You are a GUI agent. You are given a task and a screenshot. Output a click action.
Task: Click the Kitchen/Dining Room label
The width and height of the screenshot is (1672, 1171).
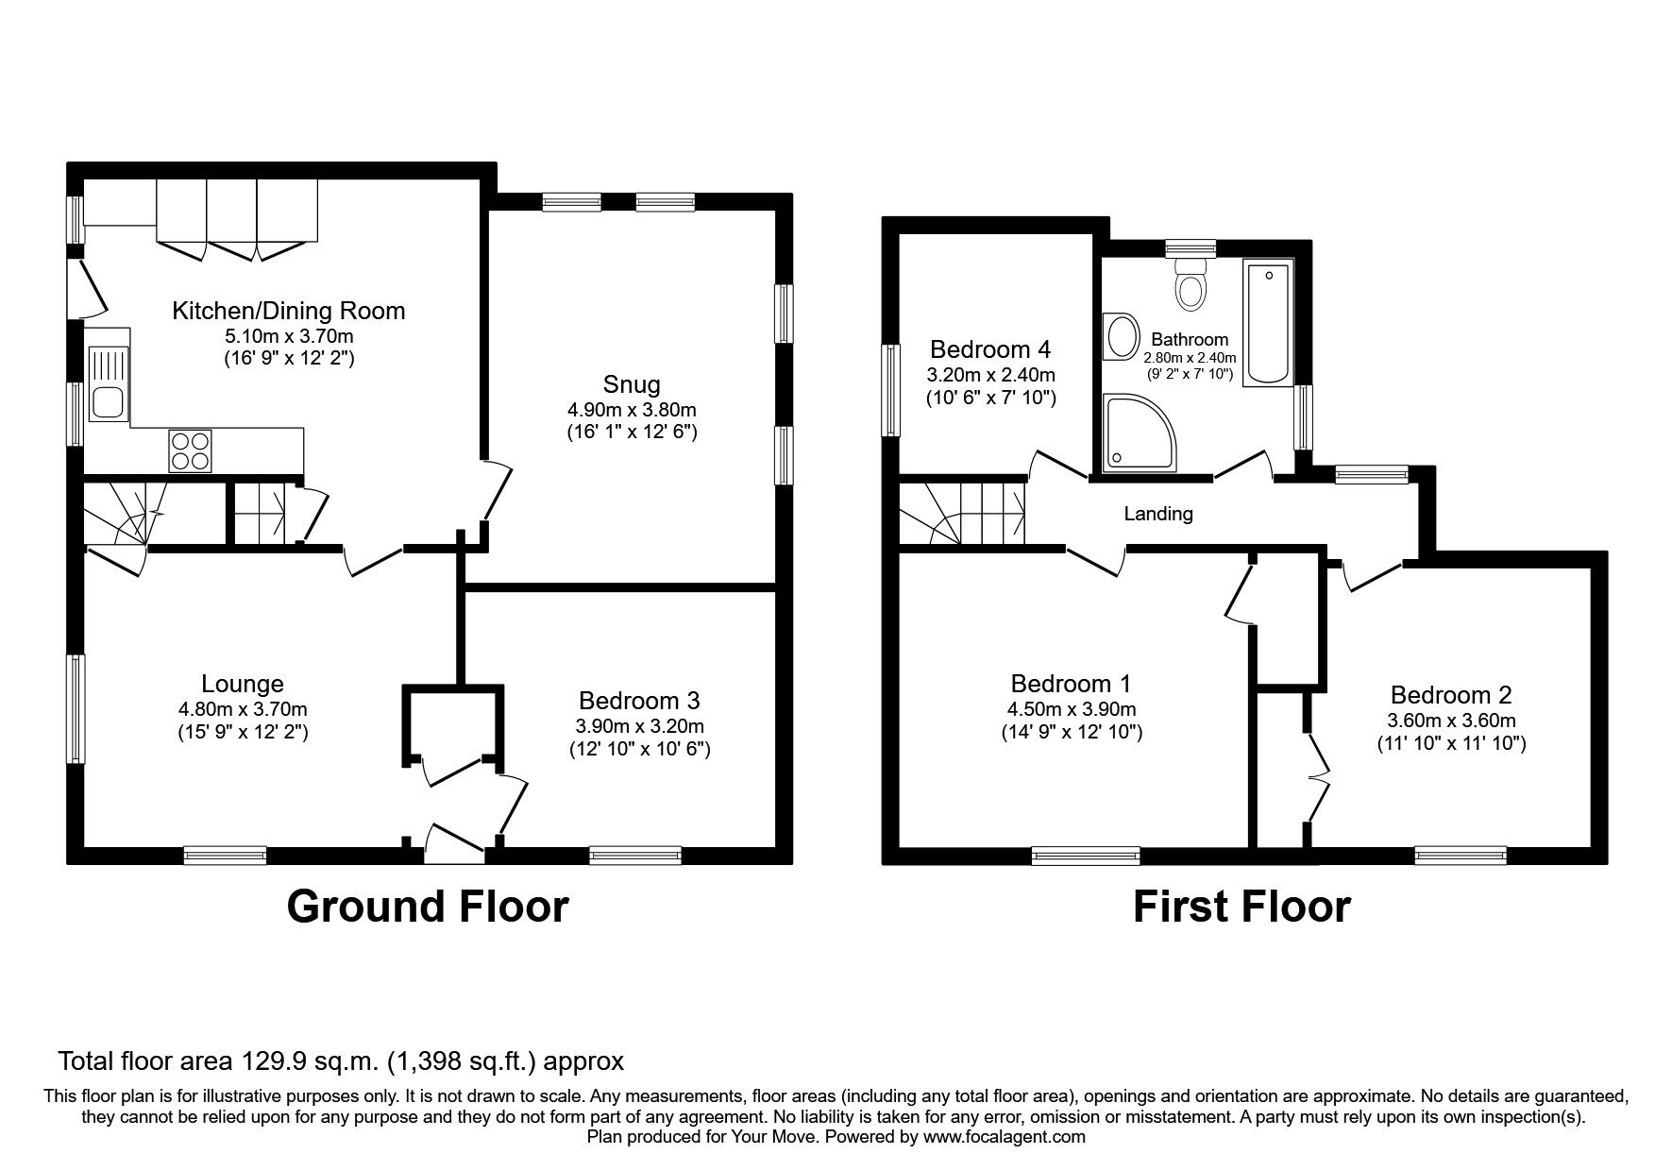288,311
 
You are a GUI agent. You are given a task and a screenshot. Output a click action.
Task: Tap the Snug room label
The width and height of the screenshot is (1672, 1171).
632,384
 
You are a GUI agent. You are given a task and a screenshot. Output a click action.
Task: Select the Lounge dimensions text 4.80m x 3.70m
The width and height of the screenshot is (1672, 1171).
243,708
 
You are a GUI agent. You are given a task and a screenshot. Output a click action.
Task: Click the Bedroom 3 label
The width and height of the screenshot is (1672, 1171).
639,701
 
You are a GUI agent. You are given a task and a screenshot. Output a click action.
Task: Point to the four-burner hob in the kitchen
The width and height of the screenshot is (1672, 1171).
191,450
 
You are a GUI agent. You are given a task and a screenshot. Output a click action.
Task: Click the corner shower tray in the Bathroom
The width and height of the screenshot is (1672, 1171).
1138,432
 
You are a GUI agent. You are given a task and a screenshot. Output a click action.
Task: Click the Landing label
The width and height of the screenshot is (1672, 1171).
1158,514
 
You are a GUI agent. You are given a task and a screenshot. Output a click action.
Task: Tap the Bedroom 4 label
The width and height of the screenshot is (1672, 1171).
989,349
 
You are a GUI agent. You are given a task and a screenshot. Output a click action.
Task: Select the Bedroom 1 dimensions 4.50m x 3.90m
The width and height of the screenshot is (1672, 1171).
1072,708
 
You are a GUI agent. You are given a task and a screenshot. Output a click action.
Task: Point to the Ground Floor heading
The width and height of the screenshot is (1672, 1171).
427,906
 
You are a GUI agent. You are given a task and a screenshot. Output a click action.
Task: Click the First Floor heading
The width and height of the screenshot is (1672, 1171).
1241,907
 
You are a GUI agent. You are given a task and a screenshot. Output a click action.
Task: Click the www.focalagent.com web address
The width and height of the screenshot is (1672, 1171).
1004,1137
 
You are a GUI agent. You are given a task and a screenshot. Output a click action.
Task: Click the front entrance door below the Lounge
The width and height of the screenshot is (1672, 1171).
454,843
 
